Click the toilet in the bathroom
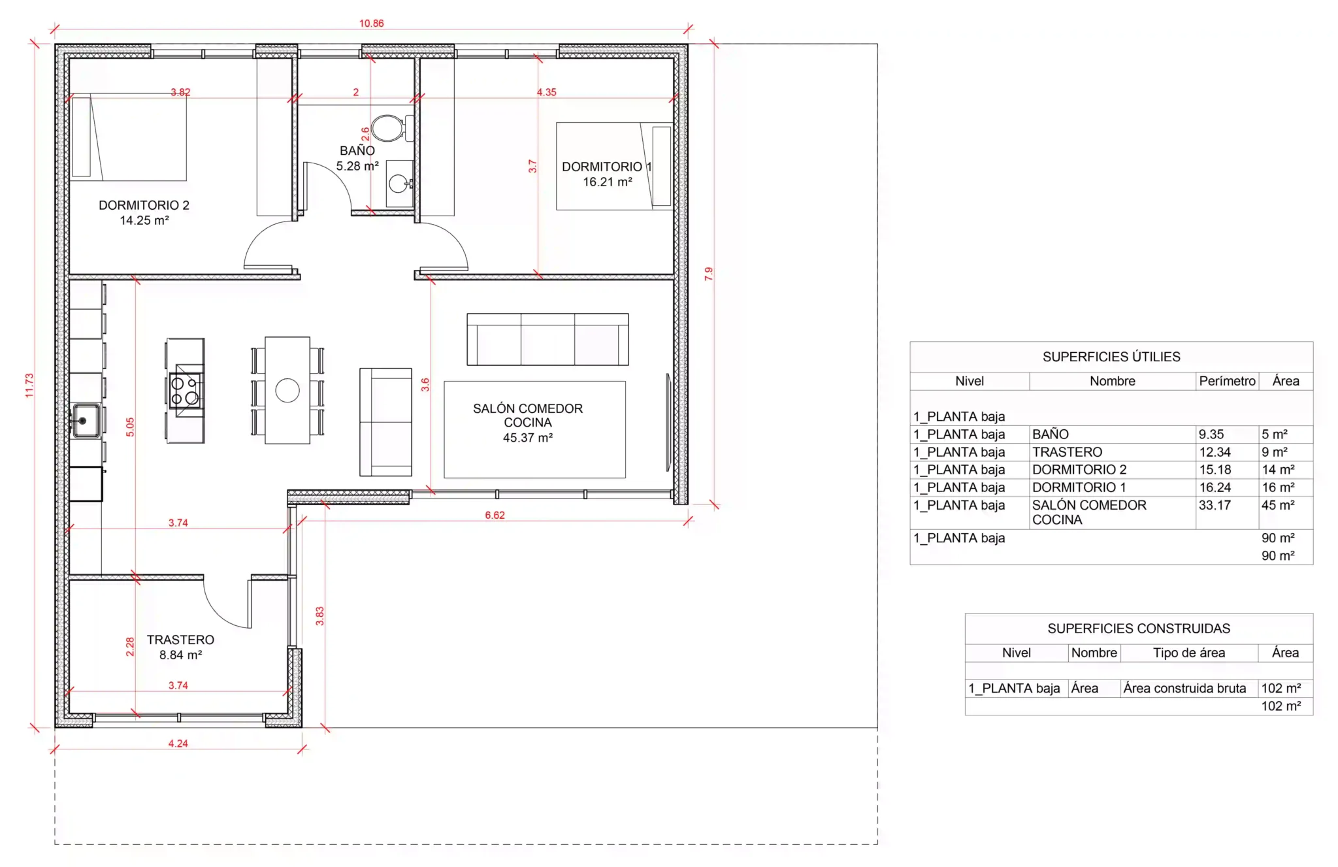pyautogui.click(x=391, y=128)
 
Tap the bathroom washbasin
pyautogui.click(x=399, y=184)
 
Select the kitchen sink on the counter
pyautogui.click(x=86, y=421)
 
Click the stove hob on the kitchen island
pyautogui.click(x=185, y=390)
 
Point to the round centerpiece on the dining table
pyautogui.click(x=287, y=391)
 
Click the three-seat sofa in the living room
pyautogui.click(x=547, y=339)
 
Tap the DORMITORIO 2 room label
pyautogui.click(x=144, y=205)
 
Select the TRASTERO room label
pyautogui.click(x=180, y=640)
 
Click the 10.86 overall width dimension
pyautogui.click(x=371, y=24)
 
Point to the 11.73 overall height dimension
pyautogui.click(x=29, y=385)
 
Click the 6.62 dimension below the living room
pyautogui.click(x=495, y=515)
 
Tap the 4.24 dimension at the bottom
pyautogui.click(x=178, y=744)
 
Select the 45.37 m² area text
pyautogui.click(x=528, y=438)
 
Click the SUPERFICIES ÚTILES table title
pyautogui.click(x=1111, y=357)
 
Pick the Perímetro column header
pyautogui.click(x=1227, y=381)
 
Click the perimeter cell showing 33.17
pyautogui.click(x=1215, y=505)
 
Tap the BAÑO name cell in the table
pyautogui.click(x=1051, y=434)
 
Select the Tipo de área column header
pyautogui.click(x=1189, y=653)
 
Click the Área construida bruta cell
pyautogui.click(x=1184, y=688)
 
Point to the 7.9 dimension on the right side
pyautogui.click(x=709, y=274)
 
